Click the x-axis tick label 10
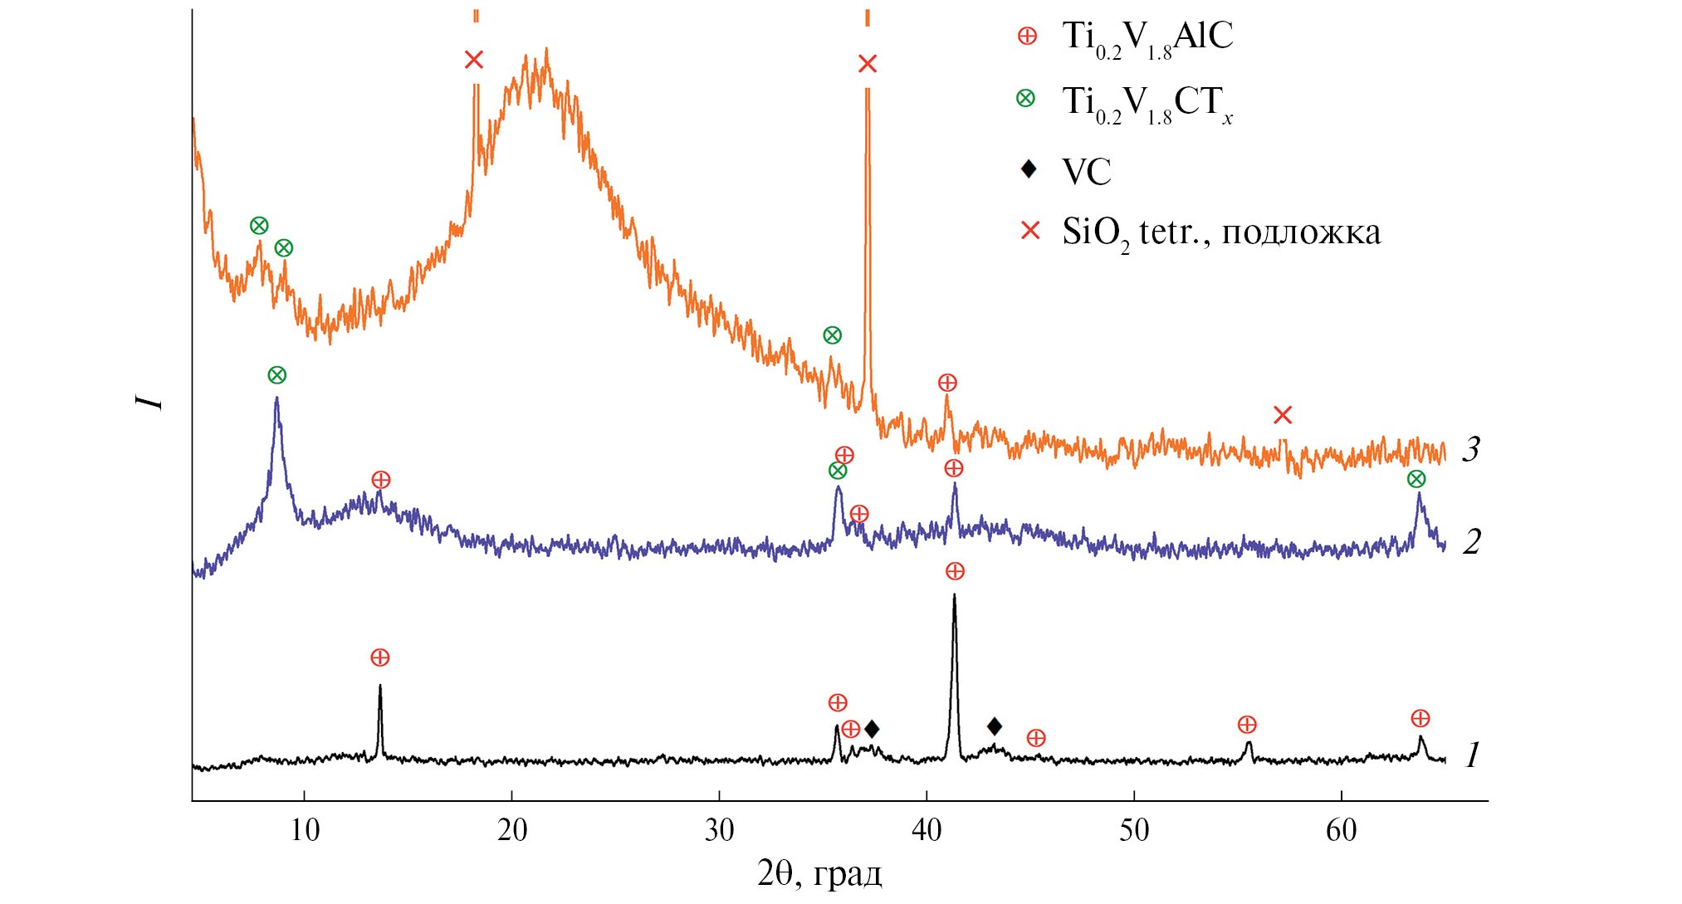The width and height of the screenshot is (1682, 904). click(305, 830)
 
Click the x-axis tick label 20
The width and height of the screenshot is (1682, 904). click(512, 830)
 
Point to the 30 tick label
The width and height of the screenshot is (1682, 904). click(719, 830)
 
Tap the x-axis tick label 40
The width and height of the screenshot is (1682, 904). click(927, 830)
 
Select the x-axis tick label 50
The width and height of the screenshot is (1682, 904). click(1134, 830)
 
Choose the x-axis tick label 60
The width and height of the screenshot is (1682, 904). click(1341, 830)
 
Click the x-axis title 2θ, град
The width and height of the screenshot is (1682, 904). click(819, 874)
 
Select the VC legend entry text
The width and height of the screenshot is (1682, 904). click(1087, 172)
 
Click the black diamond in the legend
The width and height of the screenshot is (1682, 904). click(1029, 169)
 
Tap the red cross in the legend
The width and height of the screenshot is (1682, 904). click(1029, 231)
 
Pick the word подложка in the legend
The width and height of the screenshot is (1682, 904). click(1301, 232)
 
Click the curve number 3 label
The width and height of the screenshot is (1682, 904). click(1470, 449)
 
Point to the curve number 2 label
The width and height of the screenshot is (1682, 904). click(1471, 542)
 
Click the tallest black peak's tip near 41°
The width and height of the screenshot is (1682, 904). click(954, 594)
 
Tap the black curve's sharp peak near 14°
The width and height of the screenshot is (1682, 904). click(379, 686)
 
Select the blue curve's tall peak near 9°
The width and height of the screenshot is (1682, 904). click(276, 398)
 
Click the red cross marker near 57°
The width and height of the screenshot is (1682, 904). click(1283, 415)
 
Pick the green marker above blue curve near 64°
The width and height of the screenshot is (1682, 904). click(1416, 479)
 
